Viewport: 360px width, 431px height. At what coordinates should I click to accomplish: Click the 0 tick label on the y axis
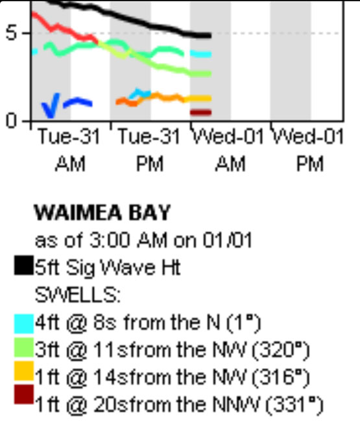coord(12,121)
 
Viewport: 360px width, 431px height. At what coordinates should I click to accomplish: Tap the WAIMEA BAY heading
coord(102,212)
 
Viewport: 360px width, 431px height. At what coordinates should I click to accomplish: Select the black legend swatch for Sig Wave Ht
coord(24,265)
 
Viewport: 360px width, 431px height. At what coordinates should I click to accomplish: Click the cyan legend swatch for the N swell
coord(24,324)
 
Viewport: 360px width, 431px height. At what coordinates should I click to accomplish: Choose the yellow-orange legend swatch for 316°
coord(24,371)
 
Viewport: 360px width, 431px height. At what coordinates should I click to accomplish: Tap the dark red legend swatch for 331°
coord(24,395)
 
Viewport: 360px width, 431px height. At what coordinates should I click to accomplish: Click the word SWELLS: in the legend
coord(78,295)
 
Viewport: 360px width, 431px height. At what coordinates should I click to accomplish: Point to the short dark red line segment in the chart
coord(200,112)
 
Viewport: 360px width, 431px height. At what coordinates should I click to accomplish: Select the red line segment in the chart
coord(65,28)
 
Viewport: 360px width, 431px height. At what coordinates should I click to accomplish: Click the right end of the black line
coord(210,36)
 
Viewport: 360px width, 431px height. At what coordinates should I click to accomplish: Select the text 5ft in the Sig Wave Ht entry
coord(47,267)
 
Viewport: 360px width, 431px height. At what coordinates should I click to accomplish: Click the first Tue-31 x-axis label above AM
coord(69,136)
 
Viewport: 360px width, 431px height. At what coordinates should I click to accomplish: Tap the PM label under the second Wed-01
coord(310,164)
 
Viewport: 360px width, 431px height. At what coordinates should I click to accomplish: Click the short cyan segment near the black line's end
coord(201,54)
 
